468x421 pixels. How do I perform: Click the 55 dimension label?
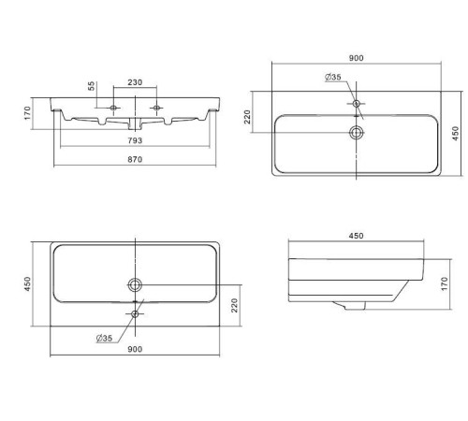91,86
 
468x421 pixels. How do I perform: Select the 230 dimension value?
135,82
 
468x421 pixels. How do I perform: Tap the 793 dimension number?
135,140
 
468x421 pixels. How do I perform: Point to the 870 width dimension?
135,159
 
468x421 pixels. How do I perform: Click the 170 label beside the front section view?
27,113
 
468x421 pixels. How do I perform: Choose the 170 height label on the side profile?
445,283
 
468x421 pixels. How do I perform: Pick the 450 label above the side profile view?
356,236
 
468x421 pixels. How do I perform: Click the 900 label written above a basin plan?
356,58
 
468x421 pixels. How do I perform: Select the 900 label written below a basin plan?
135,349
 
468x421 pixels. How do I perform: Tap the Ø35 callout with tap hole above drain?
333,77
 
